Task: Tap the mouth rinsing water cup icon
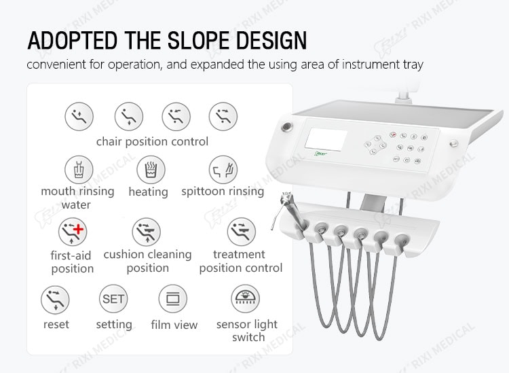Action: [79, 170]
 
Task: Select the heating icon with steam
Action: [151, 170]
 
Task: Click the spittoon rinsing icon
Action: [223, 170]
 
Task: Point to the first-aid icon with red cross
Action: [73, 232]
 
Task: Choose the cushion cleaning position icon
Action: [147, 232]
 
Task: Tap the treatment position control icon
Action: [241, 232]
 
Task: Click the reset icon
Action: [55, 300]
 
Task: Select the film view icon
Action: [172, 299]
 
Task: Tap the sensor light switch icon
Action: [246, 299]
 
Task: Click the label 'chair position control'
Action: [152, 142]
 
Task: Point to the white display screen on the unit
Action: [326, 140]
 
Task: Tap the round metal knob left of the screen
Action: [287, 127]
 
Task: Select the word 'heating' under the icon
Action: [149, 192]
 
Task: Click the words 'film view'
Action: [174, 325]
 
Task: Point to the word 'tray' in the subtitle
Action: [413, 65]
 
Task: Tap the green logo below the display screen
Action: [321, 154]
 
